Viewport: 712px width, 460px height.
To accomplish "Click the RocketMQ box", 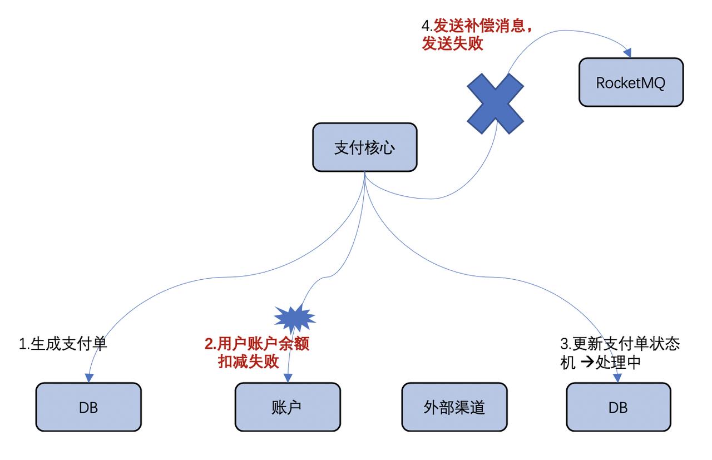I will pos(630,82).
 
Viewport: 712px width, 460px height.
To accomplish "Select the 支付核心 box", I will pos(364,147).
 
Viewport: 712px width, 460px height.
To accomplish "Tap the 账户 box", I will pos(287,407).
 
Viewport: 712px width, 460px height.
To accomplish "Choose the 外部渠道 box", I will pos(454,407).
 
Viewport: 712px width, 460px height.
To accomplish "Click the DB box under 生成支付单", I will pos(88,407).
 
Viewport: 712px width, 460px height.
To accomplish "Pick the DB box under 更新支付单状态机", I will pos(618,407).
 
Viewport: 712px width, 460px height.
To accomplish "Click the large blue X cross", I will pos(495,103).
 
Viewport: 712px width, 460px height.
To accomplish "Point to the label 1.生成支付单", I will pos(63,344).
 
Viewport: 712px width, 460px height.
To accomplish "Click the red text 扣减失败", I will pos(248,362).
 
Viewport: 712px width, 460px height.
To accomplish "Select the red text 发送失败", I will pos(452,44).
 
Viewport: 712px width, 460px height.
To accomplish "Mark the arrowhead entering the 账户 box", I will pos(287,378).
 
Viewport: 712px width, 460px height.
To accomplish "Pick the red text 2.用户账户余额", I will pos(256,344).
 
